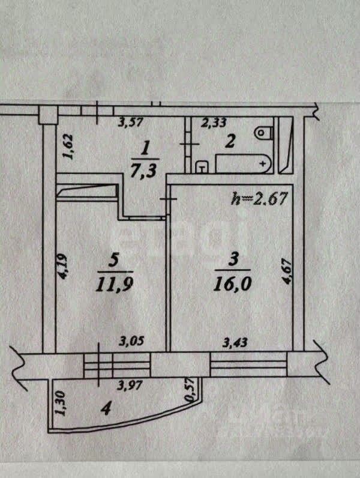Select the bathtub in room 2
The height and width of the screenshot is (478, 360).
pos(242,163)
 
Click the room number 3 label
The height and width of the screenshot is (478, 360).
pos(235,259)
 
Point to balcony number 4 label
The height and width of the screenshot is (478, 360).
pos(106,410)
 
